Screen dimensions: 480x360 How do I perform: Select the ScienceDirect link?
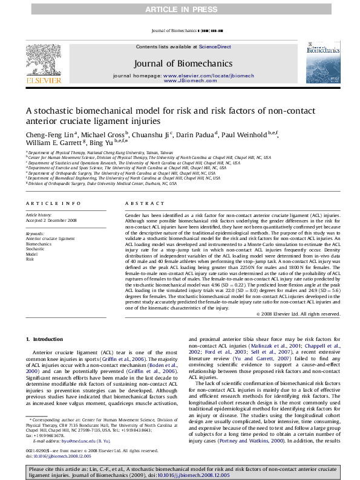(x=215, y=47)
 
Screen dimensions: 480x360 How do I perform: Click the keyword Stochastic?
(x=35, y=248)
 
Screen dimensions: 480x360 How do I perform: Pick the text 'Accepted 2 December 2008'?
(x=51, y=220)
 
